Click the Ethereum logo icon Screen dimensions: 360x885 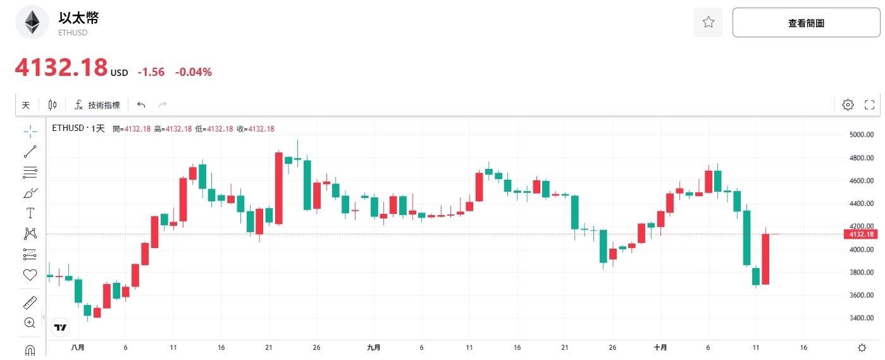32,23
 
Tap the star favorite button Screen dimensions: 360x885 708,23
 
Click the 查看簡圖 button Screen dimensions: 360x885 805,23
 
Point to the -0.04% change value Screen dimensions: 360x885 194,72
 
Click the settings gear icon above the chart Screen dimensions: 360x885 848,105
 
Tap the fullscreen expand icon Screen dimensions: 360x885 869,105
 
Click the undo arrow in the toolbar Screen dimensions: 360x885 141,105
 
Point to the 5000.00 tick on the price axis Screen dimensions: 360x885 861,135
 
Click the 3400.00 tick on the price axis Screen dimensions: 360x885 861,318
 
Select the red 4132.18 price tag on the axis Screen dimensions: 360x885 860,235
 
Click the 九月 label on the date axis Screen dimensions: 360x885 374,347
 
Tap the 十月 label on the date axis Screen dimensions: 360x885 660,347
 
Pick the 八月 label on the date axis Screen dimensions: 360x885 78,347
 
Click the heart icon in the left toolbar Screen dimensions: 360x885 30,275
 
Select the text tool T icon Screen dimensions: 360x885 30,213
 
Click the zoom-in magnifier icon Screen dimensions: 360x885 30,323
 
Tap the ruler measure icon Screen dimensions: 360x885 30,302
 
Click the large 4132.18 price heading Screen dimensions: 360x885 61,68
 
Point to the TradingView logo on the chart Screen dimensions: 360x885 61,327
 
